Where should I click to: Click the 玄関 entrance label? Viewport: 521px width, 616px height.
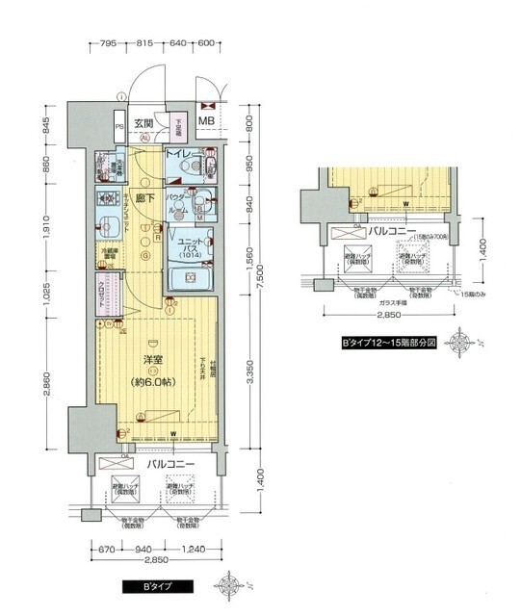coord(144,122)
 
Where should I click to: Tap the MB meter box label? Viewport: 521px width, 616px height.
coord(207,121)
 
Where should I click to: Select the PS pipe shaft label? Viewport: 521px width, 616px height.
coord(119,126)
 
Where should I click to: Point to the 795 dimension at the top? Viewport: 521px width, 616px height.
coord(108,43)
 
